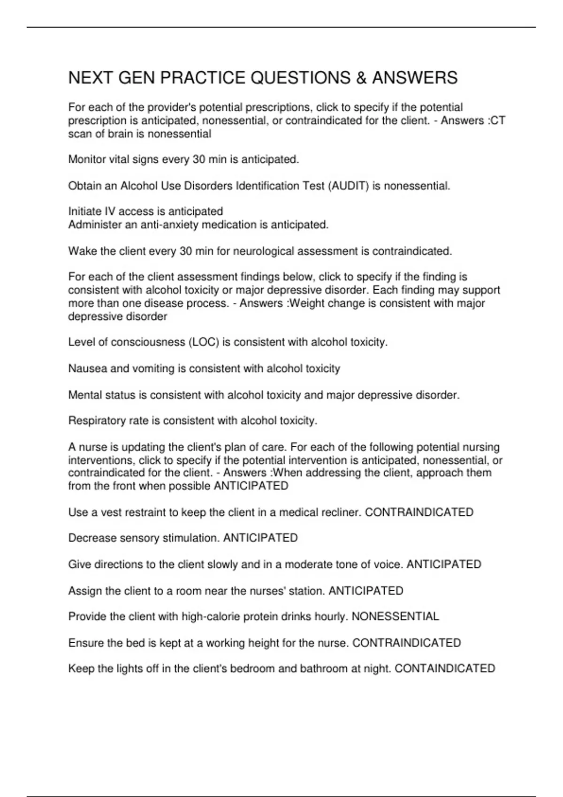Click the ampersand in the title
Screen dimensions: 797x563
(x=361, y=78)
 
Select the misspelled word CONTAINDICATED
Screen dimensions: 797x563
(x=445, y=669)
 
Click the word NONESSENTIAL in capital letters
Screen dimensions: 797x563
(x=395, y=617)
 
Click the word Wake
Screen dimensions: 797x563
(x=80, y=251)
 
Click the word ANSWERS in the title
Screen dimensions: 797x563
(x=414, y=78)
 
